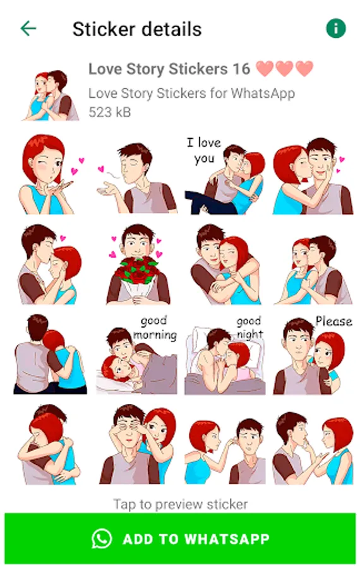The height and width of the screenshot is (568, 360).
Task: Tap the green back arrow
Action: pyautogui.click(x=28, y=28)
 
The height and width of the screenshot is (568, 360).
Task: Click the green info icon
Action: pyautogui.click(x=336, y=28)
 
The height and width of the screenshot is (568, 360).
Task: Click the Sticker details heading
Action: pyautogui.click(x=137, y=29)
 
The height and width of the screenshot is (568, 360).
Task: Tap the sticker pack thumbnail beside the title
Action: pyautogui.click(x=51, y=95)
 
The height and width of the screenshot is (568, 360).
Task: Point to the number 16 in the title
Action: pyautogui.click(x=241, y=69)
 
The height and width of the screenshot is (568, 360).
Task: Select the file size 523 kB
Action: pyautogui.click(x=110, y=112)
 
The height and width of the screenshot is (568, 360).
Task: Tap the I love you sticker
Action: pyautogui.click(x=225, y=175)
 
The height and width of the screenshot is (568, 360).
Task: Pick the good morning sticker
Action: pyautogui.click(x=137, y=355)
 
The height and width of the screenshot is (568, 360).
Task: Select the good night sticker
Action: pyautogui.click(x=225, y=355)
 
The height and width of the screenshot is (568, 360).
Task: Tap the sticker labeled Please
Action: pyautogui.click(x=313, y=355)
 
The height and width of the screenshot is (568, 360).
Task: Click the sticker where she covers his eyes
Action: pyautogui.click(x=138, y=444)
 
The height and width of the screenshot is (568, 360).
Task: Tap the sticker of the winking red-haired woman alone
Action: pyautogui.click(x=51, y=175)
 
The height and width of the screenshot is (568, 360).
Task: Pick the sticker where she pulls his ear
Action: pyautogui.click(x=225, y=451)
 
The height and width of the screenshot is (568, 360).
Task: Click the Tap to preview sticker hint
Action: pyautogui.click(x=181, y=504)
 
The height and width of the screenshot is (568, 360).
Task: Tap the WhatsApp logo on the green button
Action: pyautogui.click(x=102, y=539)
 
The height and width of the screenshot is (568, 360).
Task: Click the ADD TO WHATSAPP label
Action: pyautogui.click(x=196, y=539)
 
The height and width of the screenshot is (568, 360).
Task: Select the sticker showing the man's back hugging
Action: pyautogui.click(x=50, y=354)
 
